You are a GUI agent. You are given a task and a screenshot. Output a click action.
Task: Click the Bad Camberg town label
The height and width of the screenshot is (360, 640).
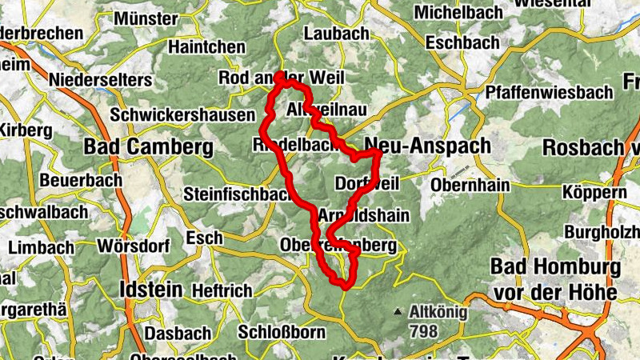coord(149,147)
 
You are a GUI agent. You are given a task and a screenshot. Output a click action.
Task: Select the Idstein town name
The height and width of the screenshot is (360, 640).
coord(150,288)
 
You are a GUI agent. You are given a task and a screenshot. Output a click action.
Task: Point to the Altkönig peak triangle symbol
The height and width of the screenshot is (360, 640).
coord(398,310)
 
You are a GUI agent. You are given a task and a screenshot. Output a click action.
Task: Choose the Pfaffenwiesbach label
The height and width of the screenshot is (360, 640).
coord(549,92)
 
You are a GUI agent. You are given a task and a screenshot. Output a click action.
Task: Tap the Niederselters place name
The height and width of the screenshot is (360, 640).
coord(100,80)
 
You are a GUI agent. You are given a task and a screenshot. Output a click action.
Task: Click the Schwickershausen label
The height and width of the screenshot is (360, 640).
coord(183,115)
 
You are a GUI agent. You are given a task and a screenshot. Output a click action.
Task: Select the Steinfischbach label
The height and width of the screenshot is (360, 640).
coord(235,194)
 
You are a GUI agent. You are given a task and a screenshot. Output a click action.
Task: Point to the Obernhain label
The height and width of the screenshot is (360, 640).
coord(470,185)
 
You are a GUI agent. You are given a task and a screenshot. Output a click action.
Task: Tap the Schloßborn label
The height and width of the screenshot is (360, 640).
coord(282,332)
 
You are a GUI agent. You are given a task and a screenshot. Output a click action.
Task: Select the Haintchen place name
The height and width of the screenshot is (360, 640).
coord(206,47)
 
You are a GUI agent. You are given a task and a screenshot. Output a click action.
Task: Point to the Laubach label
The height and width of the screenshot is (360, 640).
coord(337,34)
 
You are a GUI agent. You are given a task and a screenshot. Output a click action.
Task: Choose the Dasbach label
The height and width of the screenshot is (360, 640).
coord(177,332)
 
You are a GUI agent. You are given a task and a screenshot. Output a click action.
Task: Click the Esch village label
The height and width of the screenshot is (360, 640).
coord(203,238)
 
